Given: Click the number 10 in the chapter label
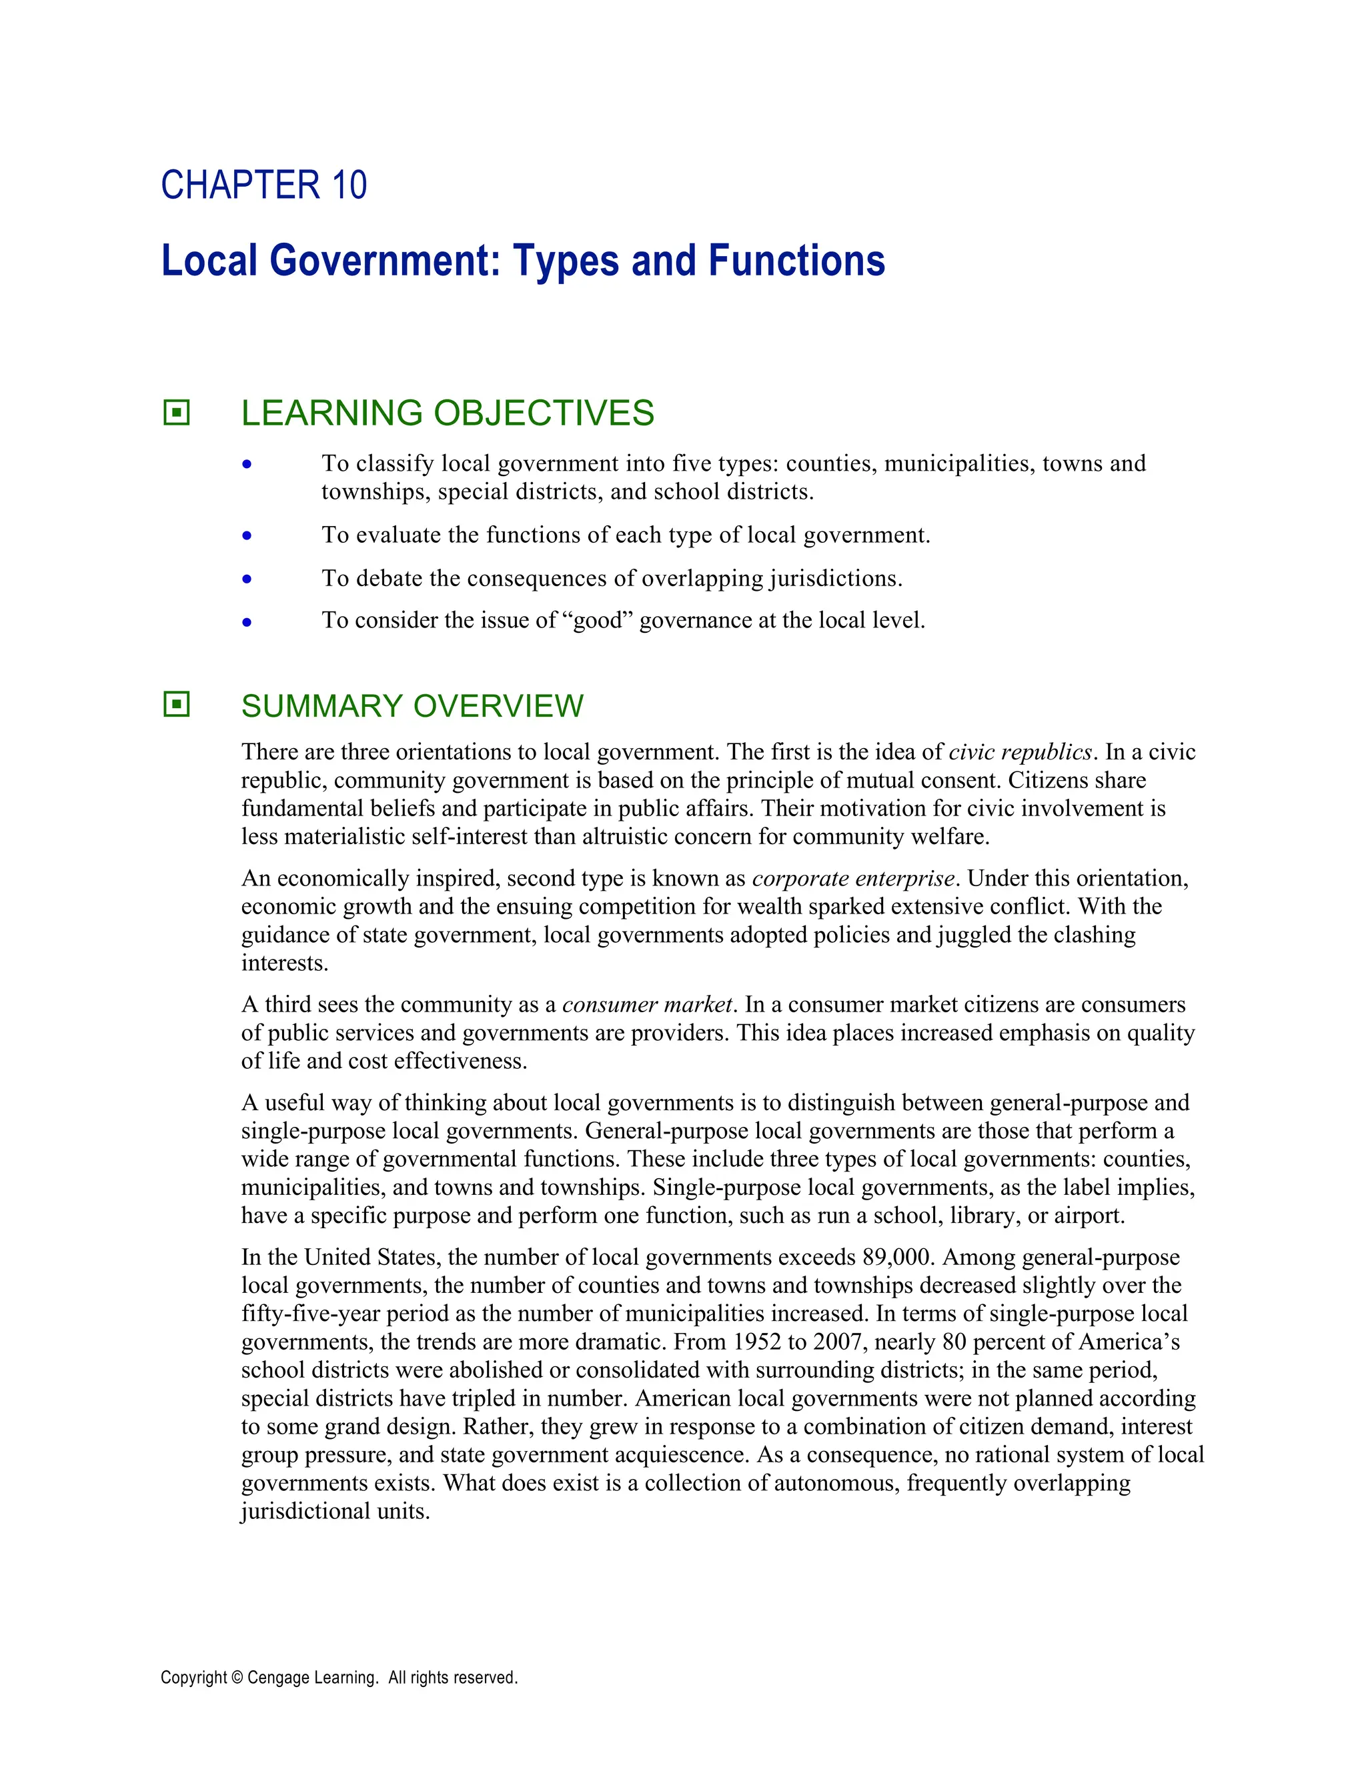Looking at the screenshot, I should click(x=349, y=185).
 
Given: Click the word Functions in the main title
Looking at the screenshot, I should click(x=796, y=261).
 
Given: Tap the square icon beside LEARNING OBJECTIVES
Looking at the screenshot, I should click(x=176, y=413).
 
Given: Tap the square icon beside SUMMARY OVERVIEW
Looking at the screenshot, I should click(x=176, y=704).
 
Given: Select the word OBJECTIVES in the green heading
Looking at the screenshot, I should click(x=544, y=413).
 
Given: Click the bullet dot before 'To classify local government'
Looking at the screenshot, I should click(x=247, y=464).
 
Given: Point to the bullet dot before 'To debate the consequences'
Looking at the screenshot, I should click(x=247, y=579).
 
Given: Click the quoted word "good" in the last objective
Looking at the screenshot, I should click(x=596, y=621).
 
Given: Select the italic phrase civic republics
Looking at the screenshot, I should click(x=1020, y=751).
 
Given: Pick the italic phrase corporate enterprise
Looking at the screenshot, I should click(x=854, y=878).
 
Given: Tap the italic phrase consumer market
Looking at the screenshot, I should click(x=648, y=1004).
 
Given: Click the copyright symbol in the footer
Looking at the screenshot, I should click(x=237, y=1677).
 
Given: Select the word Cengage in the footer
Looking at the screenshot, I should click(x=278, y=1677).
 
